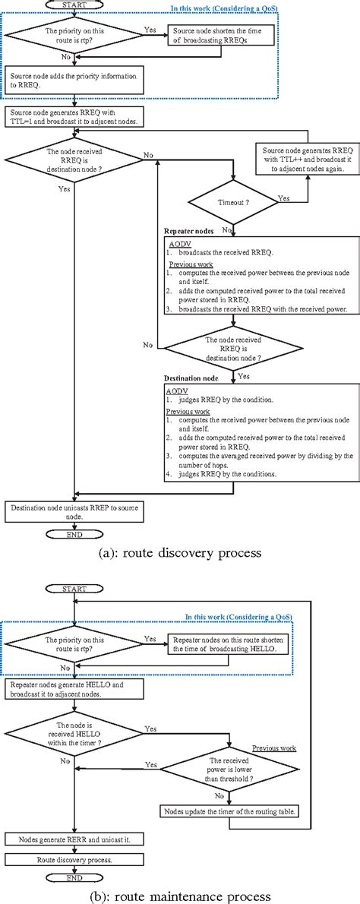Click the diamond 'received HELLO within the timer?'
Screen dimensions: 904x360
pos(74,730)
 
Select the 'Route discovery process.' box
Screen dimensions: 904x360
pos(74,860)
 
